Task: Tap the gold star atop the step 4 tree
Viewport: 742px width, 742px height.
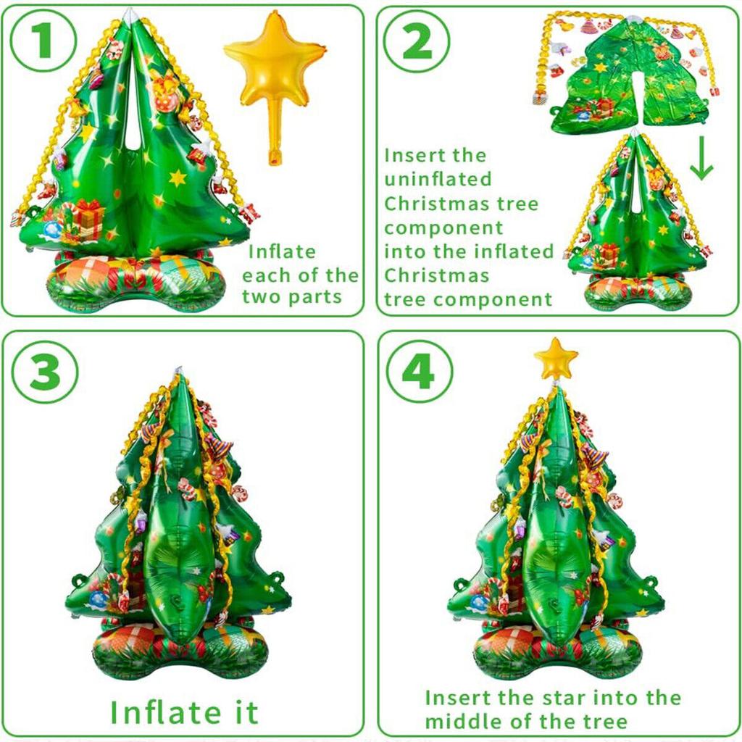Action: pos(556,357)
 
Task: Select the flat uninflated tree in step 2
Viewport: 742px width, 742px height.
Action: pos(629,80)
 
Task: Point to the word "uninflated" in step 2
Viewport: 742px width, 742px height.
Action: pos(438,179)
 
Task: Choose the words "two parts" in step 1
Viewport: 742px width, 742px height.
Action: pos(292,298)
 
